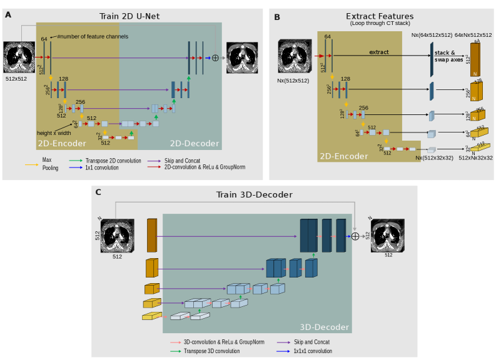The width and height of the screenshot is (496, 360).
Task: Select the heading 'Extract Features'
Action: [x=380, y=16]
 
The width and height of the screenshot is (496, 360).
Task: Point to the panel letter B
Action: [x=276, y=17]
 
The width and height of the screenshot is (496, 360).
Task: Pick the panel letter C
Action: [x=98, y=192]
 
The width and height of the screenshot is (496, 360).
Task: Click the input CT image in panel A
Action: [x=19, y=57]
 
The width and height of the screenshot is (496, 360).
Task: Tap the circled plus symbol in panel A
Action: [x=216, y=57]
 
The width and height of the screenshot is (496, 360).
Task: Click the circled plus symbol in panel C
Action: [x=355, y=236]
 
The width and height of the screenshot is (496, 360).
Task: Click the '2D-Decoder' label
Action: [x=195, y=144]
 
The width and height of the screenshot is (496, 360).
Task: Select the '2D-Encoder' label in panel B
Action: [x=343, y=155]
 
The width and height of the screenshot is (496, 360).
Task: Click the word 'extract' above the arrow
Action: [x=379, y=52]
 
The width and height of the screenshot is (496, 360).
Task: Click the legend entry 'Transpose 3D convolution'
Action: [x=211, y=351]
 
